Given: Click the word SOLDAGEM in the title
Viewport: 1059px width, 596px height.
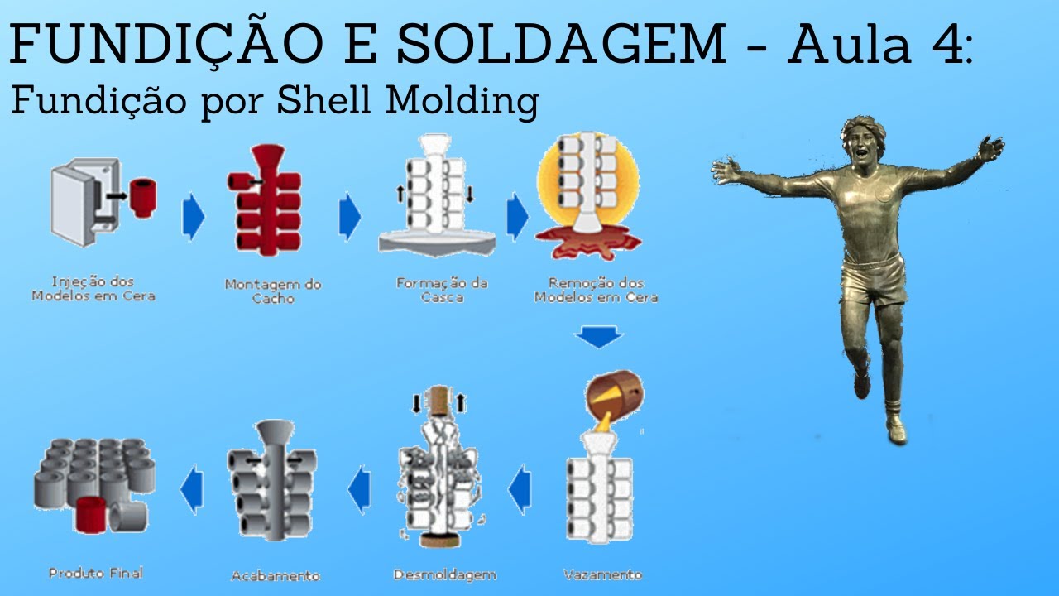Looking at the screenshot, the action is pos(561,44).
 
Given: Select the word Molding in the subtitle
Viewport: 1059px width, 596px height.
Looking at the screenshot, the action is pos(462,102).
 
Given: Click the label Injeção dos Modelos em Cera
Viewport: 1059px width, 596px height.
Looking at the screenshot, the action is pos(93,289).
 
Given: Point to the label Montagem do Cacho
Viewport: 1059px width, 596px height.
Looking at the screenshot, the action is pos(273,291).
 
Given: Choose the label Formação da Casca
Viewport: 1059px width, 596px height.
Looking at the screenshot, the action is pos(442,291).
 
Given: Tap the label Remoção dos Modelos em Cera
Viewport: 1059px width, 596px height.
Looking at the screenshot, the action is pos(597,290).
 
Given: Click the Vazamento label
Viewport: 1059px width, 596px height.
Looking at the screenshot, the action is pos(603,574).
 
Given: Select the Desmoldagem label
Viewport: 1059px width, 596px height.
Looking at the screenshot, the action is pos(445,575).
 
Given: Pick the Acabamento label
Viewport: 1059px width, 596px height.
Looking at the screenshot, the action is pos(276,575).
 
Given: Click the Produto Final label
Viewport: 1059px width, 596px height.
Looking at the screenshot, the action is pos(96,574).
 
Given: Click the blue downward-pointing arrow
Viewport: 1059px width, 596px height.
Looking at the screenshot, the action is pos(599,337).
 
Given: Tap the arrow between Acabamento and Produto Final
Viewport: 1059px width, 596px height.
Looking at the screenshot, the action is pos(193,489).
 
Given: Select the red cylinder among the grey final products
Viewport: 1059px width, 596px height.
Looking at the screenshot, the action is pos(91,515).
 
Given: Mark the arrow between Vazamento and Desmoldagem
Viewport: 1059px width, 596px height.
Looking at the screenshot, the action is pos(520,489).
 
